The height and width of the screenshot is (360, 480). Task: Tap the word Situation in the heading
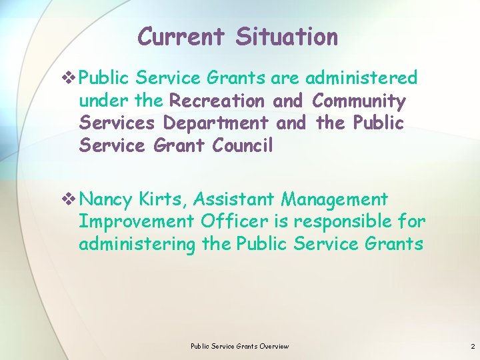287,36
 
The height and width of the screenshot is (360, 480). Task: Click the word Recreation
219,101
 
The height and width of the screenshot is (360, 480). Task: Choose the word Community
359,101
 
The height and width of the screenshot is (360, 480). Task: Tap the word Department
216,123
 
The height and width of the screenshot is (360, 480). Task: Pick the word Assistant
234,199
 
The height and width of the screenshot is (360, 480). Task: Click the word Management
335,199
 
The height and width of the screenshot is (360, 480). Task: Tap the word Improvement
136,221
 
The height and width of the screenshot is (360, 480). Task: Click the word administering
137,244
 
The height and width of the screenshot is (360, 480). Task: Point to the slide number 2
473,346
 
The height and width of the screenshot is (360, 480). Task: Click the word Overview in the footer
274,346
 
